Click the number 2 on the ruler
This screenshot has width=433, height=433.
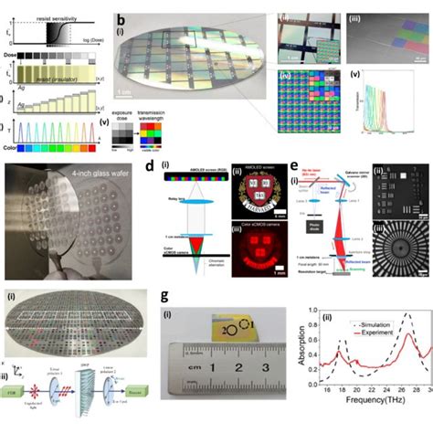pyautogui.click(x=237, y=370)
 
